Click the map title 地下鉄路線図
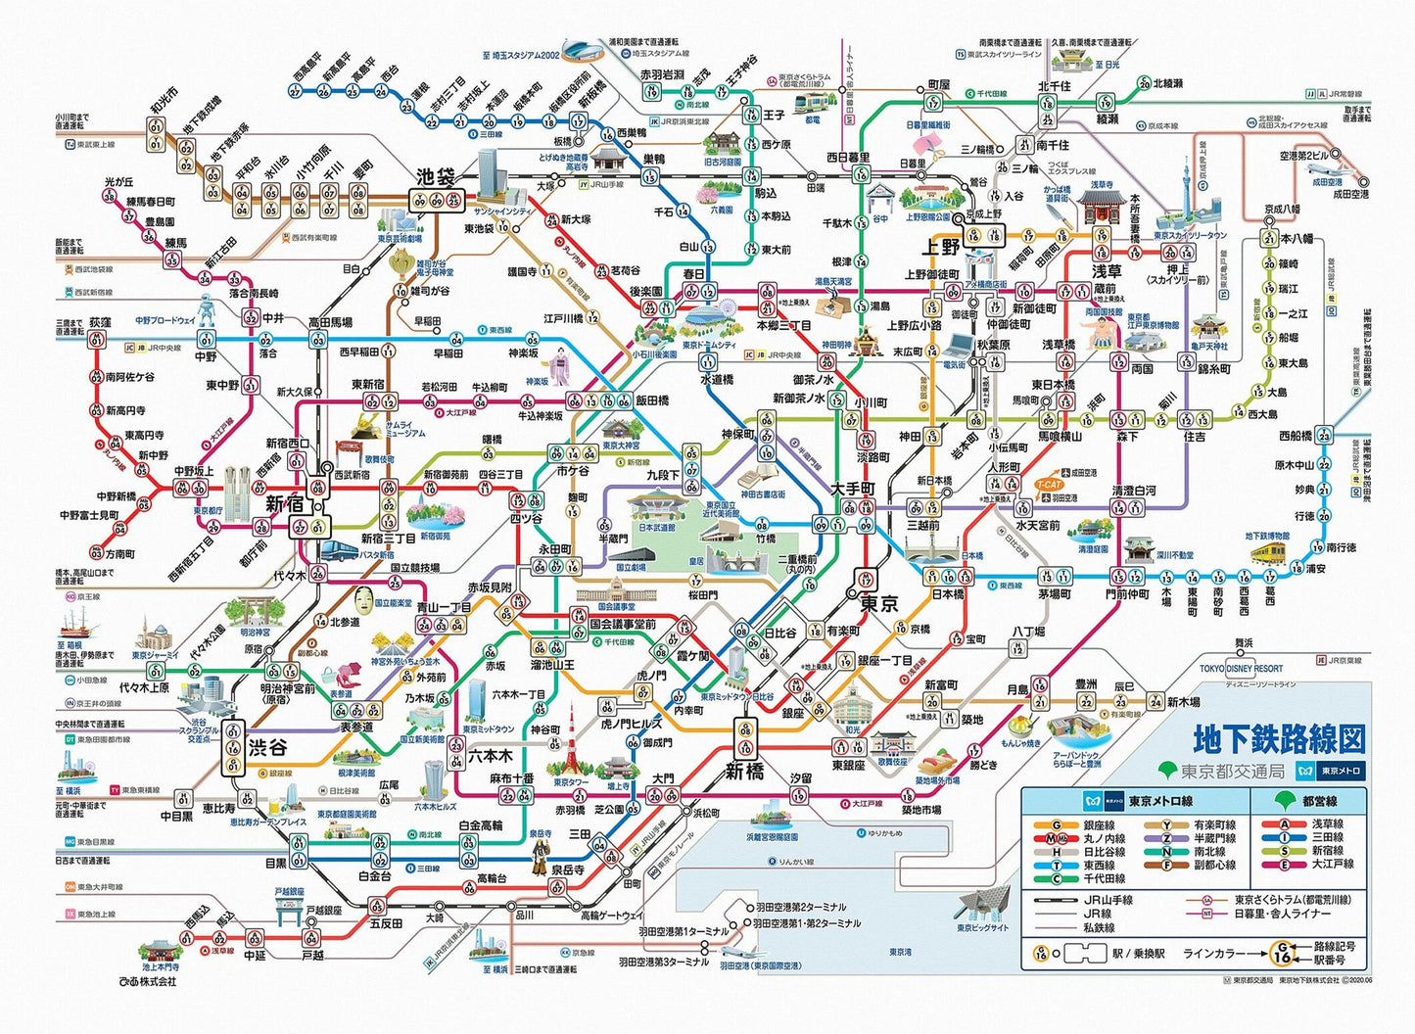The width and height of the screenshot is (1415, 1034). pyautogui.click(x=1278, y=739)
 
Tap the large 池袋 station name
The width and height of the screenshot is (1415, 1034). pyautogui.click(x=436, y=177)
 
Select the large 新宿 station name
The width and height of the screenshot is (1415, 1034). pyautogui.click(x=284, y=504)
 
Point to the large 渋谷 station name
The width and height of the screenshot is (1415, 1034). pyautogui.click(x=267, y=747)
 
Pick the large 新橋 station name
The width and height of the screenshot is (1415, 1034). pyautogui.click(x=744, y=772)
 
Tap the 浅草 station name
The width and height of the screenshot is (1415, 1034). pyautogui.click(x=1107, y=271)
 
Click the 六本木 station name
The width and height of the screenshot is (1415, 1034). pyautogui.click(x=490, y=756)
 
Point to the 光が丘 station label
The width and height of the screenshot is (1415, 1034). pyautogui.click(x=118, y=182)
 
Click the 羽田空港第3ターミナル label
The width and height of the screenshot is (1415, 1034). pyautogui.click(x=663, y=963)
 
